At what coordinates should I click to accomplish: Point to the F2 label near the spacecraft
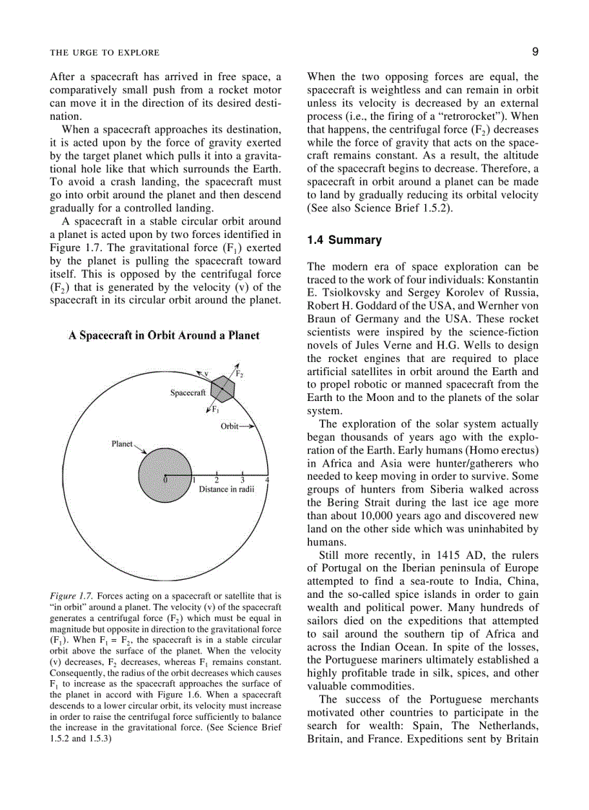(240, 374)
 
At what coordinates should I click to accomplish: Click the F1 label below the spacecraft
(215, 409)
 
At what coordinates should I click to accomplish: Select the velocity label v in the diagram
(206, 373)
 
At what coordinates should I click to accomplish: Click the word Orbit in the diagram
(230, 426)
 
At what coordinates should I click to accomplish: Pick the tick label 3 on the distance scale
(243, 480)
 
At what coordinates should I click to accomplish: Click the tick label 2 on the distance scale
(217, 480)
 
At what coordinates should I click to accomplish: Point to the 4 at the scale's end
(268, 480)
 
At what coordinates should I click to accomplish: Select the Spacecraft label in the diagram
(188, 393)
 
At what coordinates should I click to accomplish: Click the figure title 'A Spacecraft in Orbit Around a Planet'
(165, 335)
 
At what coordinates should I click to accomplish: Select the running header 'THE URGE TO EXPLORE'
(105, 53)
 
